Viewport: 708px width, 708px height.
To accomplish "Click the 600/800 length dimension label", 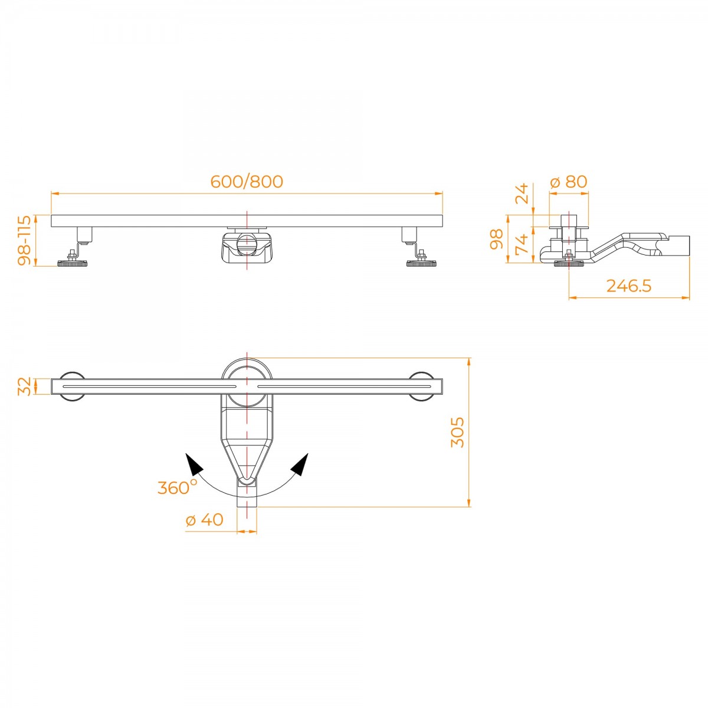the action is (x=247, y=182).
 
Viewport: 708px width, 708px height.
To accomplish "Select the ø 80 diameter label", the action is (x=569, y=182).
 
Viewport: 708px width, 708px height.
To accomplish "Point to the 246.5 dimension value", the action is (x=628, y=286).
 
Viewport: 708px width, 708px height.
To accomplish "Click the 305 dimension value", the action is (x=457, y=432).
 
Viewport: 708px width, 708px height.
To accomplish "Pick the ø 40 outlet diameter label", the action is (x=204, y=520).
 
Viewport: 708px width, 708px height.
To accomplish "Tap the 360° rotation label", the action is (x=177, y=487).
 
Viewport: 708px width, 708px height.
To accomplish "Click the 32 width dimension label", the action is (x=25, y=386).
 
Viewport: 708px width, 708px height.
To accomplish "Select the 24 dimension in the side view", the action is (x=522, y=194).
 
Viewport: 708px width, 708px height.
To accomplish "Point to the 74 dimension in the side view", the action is (x=522, y=244).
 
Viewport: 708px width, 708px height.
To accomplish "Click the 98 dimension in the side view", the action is (x=497, y=239).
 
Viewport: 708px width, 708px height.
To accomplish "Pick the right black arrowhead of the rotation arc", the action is (x=300, y=464).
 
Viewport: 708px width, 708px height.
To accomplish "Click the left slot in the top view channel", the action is (x=149, y=386).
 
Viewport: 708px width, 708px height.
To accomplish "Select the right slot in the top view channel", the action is (x=344, y=386).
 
